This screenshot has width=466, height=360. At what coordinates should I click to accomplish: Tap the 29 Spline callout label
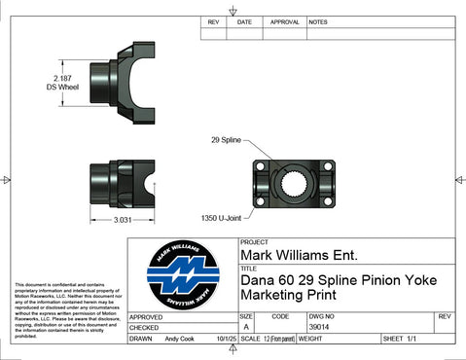coord(228,140)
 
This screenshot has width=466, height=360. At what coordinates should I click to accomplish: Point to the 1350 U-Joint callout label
coord(222,217)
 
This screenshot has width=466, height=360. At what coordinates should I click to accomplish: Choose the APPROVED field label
coord(145,317)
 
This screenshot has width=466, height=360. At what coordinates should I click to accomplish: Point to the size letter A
coord(246,328)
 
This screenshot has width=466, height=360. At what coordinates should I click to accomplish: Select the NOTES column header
coord(318,20)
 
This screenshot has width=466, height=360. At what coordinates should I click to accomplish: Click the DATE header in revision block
coord(244,20)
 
